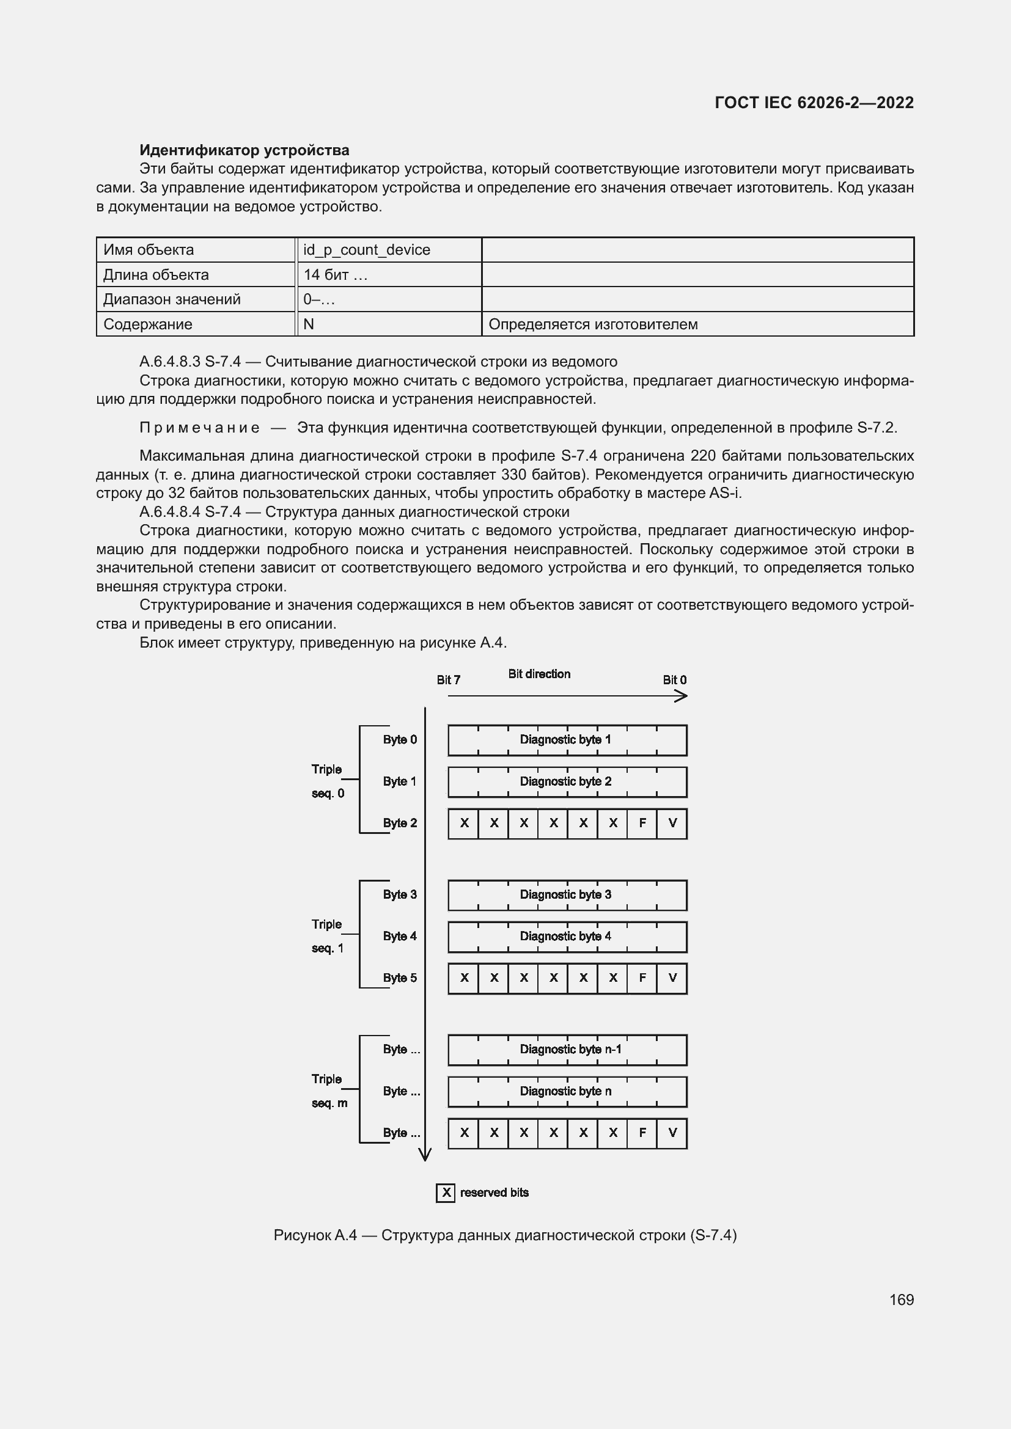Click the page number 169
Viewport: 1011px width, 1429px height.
tap(901, 1299)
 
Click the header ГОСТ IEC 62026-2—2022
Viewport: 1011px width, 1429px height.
tap(814, 103)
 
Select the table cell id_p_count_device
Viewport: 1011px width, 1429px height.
tap(367, 250)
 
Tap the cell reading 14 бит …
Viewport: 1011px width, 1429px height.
tap(336, 274)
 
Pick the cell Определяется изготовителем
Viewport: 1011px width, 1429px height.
tap(593, 324)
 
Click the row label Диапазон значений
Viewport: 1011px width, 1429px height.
tap(172, 299)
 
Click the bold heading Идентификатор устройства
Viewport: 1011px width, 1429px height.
tap(244, 150)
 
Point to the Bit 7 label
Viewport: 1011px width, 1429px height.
tap(448, 679)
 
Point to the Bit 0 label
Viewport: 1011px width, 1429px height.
tap(674, 679)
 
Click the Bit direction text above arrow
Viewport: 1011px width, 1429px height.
tap(539, 673)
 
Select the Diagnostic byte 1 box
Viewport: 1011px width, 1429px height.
tap(567, 739)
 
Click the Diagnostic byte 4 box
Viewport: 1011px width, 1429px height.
tap(567, 936)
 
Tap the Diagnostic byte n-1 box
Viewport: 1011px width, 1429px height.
tap(567, 1050)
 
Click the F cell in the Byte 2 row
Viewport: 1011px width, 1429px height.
tap(642, 823)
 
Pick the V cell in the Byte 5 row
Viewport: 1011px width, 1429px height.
tap(672, 978)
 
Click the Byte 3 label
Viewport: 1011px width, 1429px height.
tap(400, 894)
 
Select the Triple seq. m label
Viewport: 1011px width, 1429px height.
tap(329, 1091)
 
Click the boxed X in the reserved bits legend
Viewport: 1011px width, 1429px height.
tap(446, 1193)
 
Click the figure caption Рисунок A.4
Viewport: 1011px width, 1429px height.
tap(505, 1235)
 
